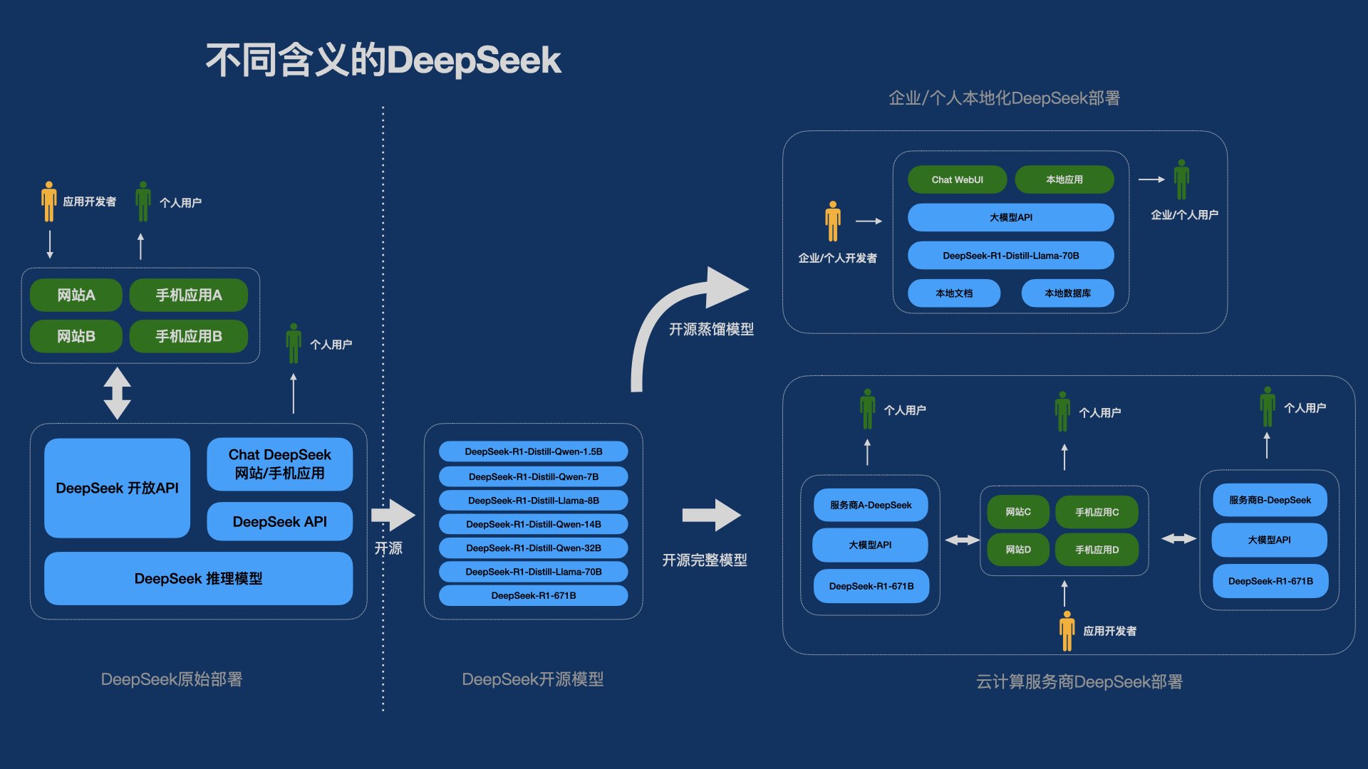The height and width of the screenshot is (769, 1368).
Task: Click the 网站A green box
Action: [76, 295]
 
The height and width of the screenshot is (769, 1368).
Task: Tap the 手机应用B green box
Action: [189, 336]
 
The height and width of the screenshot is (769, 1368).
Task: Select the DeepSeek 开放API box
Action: [117, 488]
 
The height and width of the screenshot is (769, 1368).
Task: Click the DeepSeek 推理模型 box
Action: [198, 578]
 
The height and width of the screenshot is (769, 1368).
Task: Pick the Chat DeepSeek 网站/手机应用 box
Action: [279, 464]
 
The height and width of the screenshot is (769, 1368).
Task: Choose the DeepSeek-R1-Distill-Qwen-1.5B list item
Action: [533, 451]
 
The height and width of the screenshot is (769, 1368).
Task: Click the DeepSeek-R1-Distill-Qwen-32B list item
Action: [533, 548]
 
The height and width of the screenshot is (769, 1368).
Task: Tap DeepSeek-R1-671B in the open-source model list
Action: [533, 595]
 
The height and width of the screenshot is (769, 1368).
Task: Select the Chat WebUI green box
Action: [957, 179]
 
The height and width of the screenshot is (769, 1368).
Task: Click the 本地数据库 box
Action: [1067, 293]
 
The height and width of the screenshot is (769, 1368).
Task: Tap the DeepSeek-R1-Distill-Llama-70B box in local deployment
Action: [1010, 255]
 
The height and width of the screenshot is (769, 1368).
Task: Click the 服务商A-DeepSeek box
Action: [870, 505]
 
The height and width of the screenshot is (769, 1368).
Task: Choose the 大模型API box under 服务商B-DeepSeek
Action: [1269, 540]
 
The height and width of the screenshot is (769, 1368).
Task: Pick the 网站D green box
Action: [1017, 550]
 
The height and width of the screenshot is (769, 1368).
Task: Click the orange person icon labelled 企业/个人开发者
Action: [832, 221]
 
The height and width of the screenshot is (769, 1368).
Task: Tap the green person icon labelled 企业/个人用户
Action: [1181, 179]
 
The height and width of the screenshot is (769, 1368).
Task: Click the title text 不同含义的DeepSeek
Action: [383, 60]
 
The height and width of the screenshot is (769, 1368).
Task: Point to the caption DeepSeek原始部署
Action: [171, 679]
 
